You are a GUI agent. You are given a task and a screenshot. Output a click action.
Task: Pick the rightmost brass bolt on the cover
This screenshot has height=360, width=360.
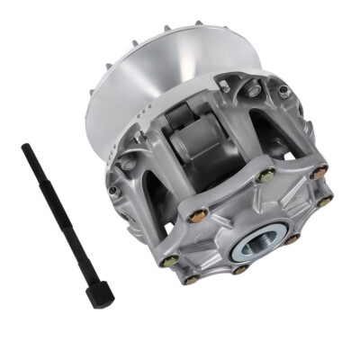[324, 201]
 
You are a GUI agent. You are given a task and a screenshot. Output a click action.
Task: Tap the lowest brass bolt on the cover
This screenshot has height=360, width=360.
[191, 279]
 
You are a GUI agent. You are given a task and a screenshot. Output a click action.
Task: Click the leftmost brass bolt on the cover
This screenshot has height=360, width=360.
[168, 262]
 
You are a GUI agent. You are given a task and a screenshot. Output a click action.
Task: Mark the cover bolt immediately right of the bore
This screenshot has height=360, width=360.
[291, 239]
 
